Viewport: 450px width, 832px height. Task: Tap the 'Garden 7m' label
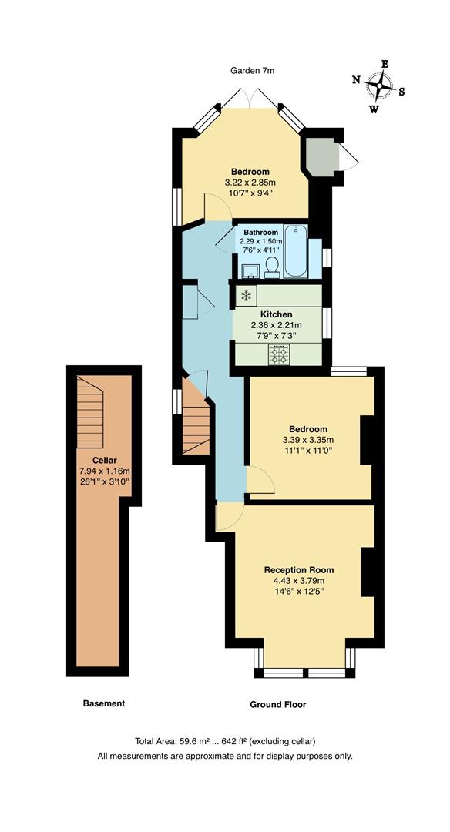click(253, 71)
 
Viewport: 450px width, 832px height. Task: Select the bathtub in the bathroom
click(296, 251)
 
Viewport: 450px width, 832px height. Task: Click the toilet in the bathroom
click(271, 267)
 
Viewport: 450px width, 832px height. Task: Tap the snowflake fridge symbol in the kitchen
click(246, 296)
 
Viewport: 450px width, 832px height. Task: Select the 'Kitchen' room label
click(276, 314)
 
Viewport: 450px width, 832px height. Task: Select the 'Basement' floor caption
click(103, 703)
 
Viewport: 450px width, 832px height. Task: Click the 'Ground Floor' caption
click(277, 704)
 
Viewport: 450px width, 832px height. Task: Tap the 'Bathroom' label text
click(260, 232)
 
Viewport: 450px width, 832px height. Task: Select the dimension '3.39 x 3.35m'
click(308, 440)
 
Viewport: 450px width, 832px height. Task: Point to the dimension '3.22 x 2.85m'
click(250, 183)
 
